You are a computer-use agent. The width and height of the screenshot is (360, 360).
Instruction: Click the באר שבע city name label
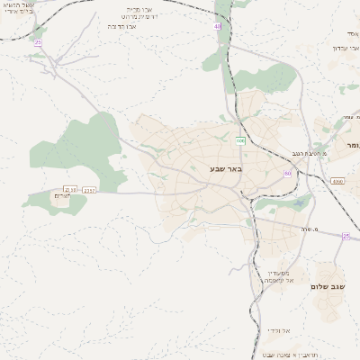[x=226, y=168]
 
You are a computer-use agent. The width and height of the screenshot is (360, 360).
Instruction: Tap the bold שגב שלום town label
[x=328, y=286]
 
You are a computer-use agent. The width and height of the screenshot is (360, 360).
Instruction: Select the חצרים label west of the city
[x=61, y=196]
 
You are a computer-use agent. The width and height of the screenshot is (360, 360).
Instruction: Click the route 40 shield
[x=218, y=27]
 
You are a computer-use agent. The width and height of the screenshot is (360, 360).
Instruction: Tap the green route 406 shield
[x=239, y=140]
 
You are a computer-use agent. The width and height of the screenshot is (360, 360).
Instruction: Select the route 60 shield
[x=287, y=173]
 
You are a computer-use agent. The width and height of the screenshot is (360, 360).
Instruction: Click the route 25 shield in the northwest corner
[x=37, y=42]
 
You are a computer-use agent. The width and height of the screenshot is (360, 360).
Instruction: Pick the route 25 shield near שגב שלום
[x=345, y=236]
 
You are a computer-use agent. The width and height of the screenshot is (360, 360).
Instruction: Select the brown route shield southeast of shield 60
[x=337, y=181]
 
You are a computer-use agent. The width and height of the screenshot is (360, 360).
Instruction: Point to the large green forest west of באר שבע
[x=76, y=153]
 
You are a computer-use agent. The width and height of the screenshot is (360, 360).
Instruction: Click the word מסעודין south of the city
[x=278, y=272]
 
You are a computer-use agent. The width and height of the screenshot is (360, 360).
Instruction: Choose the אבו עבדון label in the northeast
[x=346, y=47]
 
